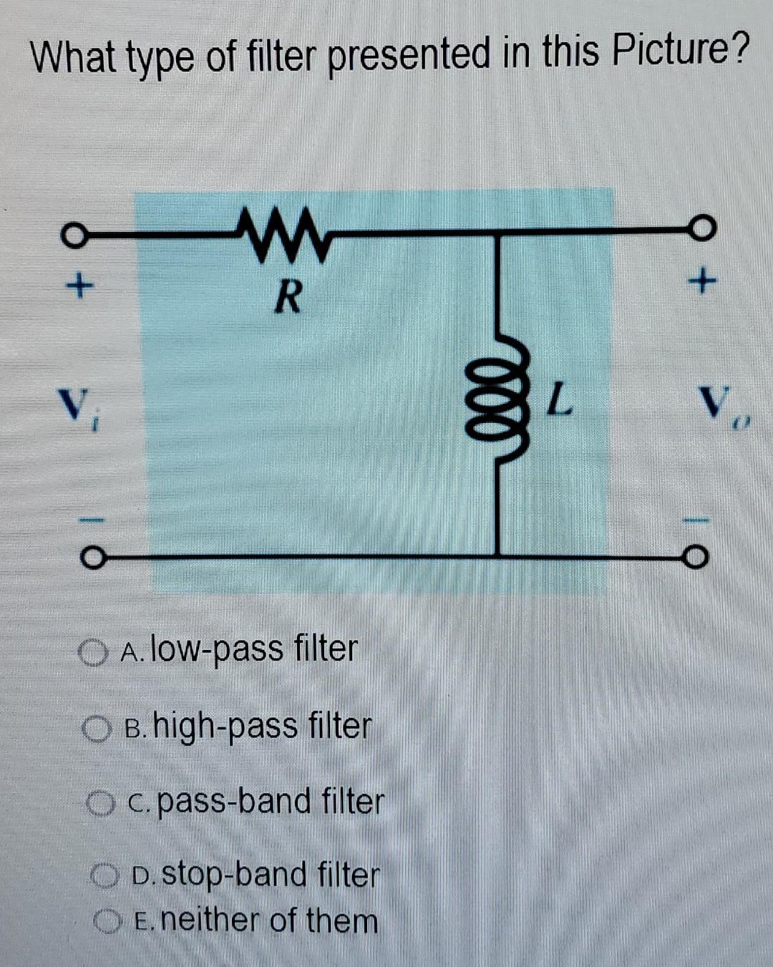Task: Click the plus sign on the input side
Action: (79, 287)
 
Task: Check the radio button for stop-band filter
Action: (104, 875)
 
